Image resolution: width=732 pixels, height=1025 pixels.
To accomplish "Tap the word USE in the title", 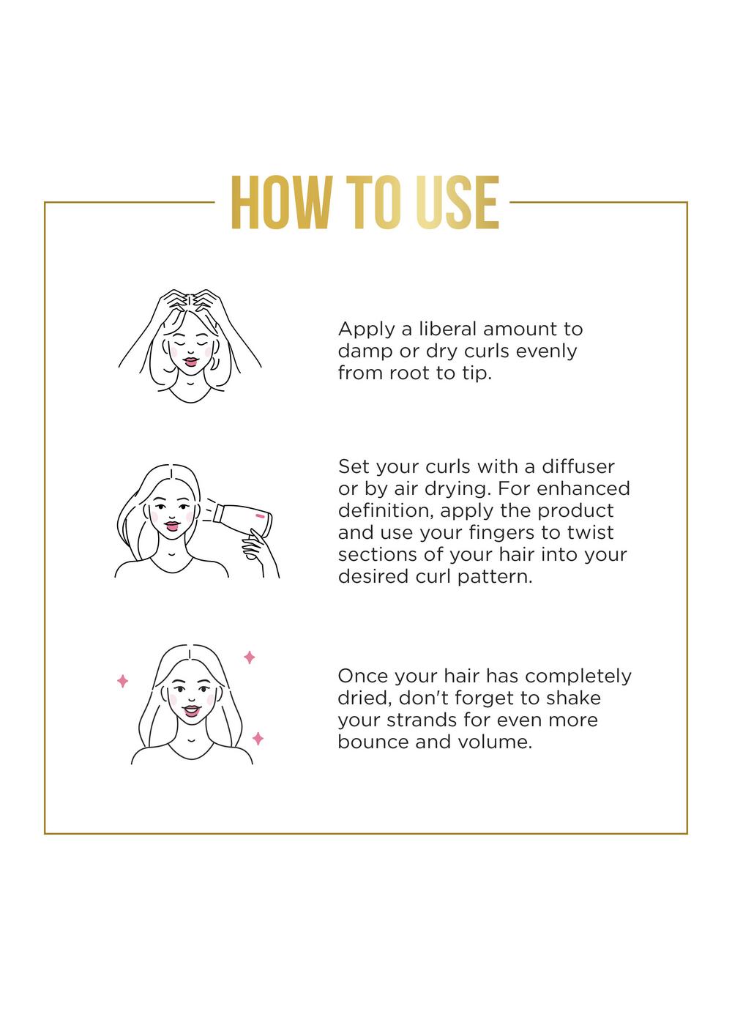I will (457, 203).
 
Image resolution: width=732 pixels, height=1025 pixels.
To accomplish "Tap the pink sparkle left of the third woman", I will (122, 682).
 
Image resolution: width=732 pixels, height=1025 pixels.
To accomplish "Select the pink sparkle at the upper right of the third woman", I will (249, 657).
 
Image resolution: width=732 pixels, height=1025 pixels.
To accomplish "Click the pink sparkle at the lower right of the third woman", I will (258, 739).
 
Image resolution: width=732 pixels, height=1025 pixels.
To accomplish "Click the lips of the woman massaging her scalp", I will (190, 361).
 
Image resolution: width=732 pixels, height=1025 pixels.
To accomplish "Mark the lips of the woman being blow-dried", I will (171, 526).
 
